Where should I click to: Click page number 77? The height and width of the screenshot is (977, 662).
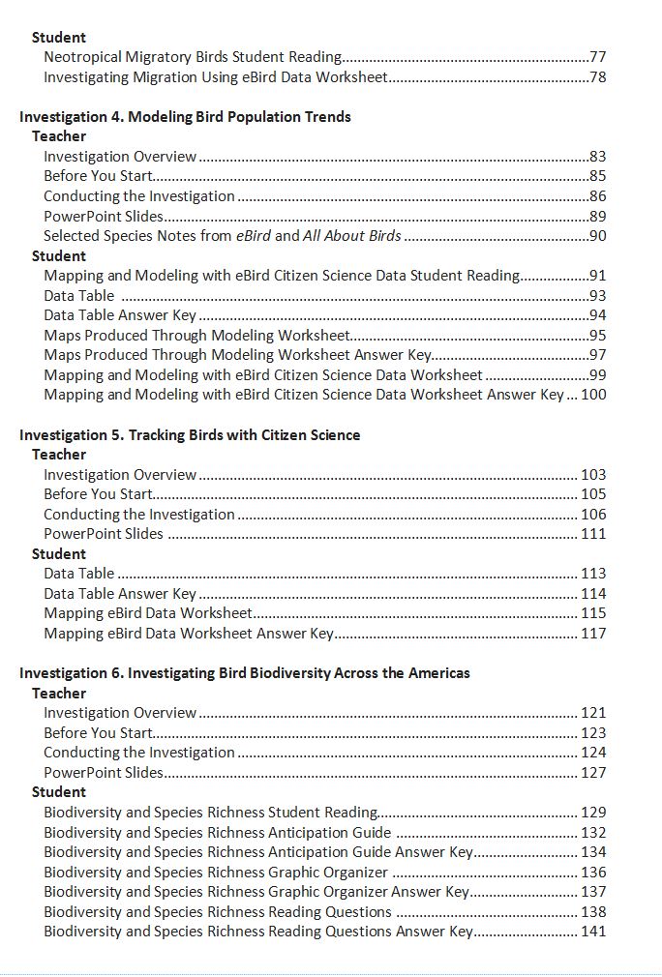597,57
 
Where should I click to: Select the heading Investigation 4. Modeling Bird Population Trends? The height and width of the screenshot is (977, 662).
185,117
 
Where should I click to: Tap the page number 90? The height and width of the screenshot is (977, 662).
597,236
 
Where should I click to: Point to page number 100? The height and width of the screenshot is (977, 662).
593,395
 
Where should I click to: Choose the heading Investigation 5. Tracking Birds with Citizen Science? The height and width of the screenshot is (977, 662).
190,435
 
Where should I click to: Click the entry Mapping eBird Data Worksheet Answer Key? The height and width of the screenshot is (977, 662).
189,634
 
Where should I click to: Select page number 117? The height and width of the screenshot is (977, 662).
593,634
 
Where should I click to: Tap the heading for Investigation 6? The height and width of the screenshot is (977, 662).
244,673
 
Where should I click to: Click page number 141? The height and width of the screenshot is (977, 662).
593,932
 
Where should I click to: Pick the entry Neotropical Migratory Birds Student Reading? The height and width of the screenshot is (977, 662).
193,57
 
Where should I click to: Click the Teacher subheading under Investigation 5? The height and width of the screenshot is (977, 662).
59,455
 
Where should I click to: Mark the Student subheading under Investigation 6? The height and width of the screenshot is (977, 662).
59,792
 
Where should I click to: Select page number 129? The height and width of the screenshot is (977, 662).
593,813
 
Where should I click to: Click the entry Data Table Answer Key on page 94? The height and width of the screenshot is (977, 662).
120,315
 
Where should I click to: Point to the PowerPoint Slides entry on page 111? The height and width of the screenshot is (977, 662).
104,534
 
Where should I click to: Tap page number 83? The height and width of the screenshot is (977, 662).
597,157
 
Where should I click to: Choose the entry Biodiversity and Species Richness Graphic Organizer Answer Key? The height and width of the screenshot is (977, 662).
256,892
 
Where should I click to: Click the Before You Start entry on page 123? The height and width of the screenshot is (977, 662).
98,733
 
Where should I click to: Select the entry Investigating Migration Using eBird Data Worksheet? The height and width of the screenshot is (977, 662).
216,77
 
